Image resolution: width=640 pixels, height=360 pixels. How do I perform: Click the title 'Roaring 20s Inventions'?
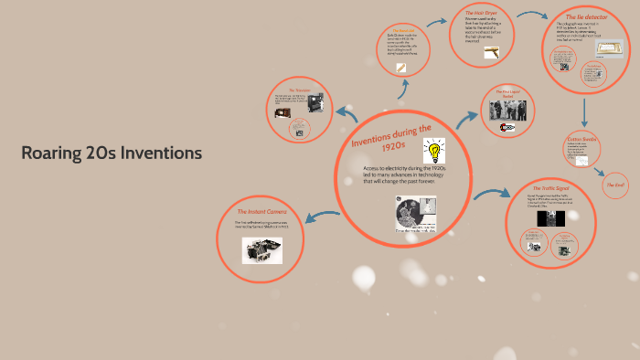112,153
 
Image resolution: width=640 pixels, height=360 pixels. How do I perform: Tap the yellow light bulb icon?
432,151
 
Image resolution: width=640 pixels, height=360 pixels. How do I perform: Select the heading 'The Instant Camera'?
261,211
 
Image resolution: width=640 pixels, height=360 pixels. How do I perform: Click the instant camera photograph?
261,250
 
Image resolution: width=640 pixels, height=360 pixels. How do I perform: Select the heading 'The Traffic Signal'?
549,184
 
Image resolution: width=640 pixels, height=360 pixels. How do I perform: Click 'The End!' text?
615,185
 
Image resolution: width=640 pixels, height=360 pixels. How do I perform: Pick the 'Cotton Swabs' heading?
580,138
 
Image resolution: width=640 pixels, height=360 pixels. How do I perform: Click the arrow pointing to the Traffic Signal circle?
494,193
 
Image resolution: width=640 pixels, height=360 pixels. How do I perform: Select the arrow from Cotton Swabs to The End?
603,171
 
